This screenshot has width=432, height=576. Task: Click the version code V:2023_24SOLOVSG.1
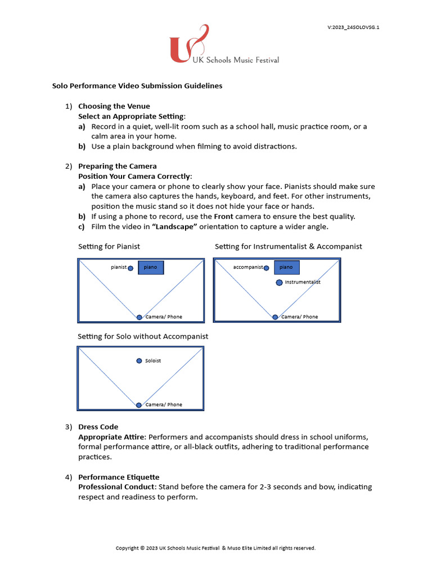tap(353, 27)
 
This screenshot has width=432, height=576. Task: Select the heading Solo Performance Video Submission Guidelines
tap(137, 86)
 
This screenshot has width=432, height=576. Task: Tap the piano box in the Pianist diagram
tap(151, 267)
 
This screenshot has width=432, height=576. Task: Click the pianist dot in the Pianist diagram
tap(130, 268)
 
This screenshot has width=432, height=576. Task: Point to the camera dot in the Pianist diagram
tap(139, 317)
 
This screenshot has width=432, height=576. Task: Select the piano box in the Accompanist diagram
tap(287, 267)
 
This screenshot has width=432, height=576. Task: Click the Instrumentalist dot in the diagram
tap(279, 282)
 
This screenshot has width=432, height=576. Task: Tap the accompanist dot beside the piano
tap(266, 268)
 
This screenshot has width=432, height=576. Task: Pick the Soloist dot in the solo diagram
tap(139, 361)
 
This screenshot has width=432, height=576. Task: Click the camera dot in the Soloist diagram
tap(139, 405)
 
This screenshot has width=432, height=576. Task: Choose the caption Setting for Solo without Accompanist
tap(143, 336)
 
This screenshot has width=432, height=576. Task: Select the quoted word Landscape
tap(178, 227)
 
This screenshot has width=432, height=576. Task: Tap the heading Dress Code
tap(98, 427)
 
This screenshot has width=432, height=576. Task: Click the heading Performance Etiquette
tap(119, 477)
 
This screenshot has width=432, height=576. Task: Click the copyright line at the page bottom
tap(215, 548)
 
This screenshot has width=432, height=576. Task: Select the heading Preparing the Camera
tap(118, 166)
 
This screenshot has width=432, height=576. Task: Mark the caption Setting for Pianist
tap(109, 246)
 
